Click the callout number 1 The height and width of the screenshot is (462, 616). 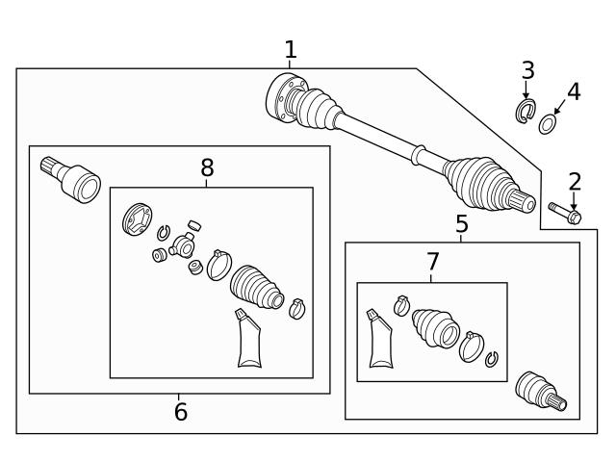tap(291, 50)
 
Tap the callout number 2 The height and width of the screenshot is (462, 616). tap(575, 181)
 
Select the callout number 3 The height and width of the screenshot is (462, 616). tap(527, 70)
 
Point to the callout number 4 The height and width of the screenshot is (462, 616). tap(574, 92)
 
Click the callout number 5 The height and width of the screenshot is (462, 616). tap(462, 225)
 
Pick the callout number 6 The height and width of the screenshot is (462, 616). tap(180, 412)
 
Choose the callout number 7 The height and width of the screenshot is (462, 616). tap(432, 262)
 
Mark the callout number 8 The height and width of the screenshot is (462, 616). tap(207, 168)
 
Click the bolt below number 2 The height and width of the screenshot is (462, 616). tap(564, 213)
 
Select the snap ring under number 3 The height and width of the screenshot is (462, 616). tap(526, 110)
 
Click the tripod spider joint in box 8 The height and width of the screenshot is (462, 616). tap(181, 248)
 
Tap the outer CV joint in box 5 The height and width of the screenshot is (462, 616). tap(539, 390)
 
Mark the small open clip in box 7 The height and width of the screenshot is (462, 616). tap(492, 359)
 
